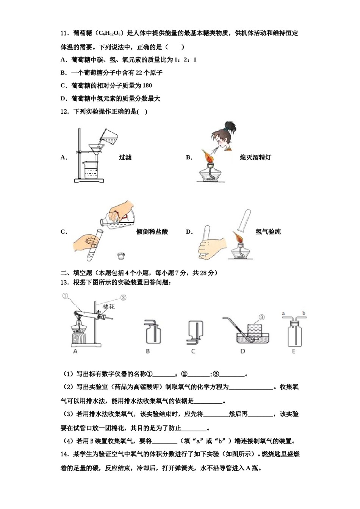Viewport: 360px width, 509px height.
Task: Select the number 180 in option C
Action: tap(147, 86)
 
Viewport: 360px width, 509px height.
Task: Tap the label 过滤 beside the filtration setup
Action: tap(125, 158)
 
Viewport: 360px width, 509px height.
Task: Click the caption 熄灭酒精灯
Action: tap(255, 158)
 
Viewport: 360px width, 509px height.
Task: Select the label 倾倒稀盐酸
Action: tap(152, 232)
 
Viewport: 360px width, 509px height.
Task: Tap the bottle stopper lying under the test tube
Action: tap(121, 255)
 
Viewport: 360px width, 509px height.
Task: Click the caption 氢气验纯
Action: tap(268, 232)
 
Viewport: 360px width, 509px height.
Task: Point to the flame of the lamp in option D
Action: tap(238, 239)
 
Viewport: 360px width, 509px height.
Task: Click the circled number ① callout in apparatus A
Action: tap(65, 296)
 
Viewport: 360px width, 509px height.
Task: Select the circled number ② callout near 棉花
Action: tap(123, 298)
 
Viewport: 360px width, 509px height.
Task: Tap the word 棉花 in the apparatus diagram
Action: tap(109, 306)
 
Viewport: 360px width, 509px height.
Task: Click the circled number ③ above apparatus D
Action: tap(261, 317)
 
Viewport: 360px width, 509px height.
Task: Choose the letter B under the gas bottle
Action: tap(148, 351)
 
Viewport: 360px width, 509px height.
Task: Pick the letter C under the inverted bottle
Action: tap(193, 351)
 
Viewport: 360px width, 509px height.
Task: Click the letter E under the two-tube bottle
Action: tap(294, 351)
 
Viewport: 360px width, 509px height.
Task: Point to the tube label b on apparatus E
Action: tap(304, 313)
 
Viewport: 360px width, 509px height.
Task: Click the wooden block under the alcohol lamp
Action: tap(79, 337)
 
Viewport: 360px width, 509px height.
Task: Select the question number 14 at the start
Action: tap(64, 454)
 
